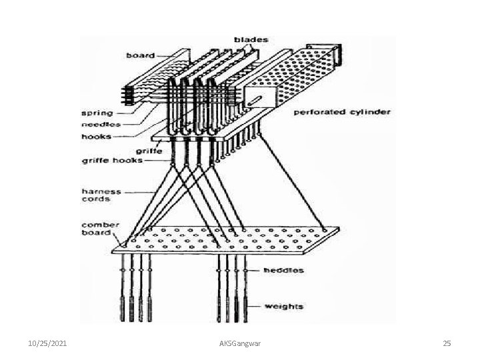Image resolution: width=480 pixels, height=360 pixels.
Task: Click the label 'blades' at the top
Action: coord(251,40)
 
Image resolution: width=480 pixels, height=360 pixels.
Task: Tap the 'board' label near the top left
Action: coord(141,56)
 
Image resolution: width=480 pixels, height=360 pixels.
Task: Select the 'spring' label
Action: coord(97,112)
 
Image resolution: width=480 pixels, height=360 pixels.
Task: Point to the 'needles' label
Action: coord(100,124)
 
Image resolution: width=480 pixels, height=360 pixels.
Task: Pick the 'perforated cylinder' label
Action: coord(342,111)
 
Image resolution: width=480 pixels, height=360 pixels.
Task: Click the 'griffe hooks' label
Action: coord(111,160)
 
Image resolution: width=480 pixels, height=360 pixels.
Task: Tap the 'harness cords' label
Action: coord(102,195)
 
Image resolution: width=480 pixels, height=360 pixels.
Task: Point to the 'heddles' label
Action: coord(283,271)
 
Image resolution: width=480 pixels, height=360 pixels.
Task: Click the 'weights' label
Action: coord(284,307)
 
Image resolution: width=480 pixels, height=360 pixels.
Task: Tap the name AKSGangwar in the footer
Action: coord(240,343)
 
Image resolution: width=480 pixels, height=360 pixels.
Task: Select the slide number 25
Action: coord(447,343)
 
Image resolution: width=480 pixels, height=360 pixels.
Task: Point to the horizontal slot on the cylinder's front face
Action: coord(256,102)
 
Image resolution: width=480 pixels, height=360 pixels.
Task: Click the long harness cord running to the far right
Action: coord(293,180)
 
